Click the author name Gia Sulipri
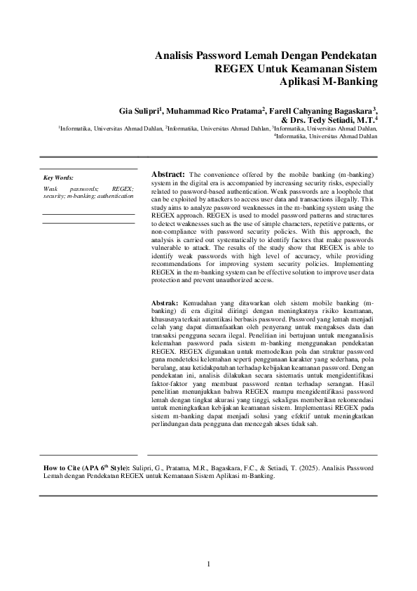pyautogui.click(x=139, y=111)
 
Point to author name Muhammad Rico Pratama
pyautogui.click(x=213, y=111)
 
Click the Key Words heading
pyautogui.click(x=58, y=178)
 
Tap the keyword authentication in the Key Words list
pyautogui.click(x=116, y=196)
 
